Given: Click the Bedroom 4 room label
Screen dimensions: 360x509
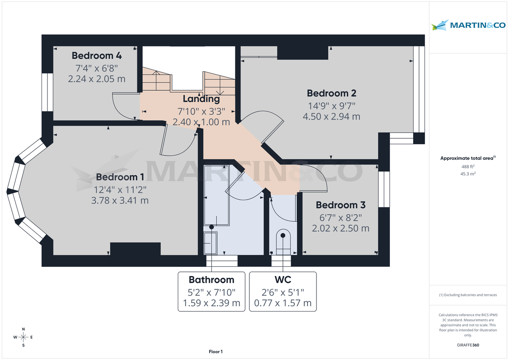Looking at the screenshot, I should click(97, 56).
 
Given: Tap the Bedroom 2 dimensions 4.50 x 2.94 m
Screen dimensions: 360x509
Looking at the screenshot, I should click(331, 116).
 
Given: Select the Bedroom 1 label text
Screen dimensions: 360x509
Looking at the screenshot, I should click(120, 177).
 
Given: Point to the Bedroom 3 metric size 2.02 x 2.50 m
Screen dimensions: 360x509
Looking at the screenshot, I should click(341, 229).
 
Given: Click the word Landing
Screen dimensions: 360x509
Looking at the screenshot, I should click(201, 99).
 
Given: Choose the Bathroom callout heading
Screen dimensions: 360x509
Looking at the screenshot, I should click(211, 280).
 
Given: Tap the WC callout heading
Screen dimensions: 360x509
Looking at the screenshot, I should click(282, 280).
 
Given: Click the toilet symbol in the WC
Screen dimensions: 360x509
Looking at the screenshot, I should click(282, 242).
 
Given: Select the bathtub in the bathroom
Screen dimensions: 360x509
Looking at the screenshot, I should click(216, 195).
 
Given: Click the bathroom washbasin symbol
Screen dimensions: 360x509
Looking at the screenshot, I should click(210, 243).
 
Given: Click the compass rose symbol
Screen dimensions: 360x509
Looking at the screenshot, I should click(23, 337).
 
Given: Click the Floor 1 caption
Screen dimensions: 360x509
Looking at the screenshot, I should click(215, 352).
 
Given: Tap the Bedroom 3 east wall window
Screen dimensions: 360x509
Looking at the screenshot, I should click(384, 189).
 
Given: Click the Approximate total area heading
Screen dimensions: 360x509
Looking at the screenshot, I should click(467, 158).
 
